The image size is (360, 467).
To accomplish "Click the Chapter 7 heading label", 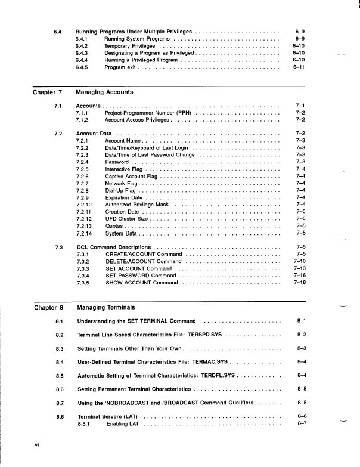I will [x=48, y=93].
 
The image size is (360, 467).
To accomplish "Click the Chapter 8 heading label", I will [x=48, y=308].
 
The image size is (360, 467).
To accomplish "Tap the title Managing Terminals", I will [x=106, y=308].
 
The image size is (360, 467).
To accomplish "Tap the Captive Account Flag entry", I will [x=131, y=177].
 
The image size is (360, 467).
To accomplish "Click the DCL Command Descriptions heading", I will [x=114, y=247].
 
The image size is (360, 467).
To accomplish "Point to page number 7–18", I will [x=300, y=283].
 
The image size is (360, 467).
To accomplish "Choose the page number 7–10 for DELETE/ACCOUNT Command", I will [x=300, y=261].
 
